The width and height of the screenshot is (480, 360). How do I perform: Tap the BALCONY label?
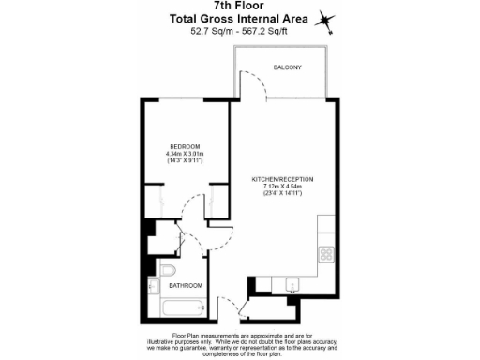(x=287, y=67)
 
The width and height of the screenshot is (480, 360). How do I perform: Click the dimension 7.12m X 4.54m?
(x=282, y=187)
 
